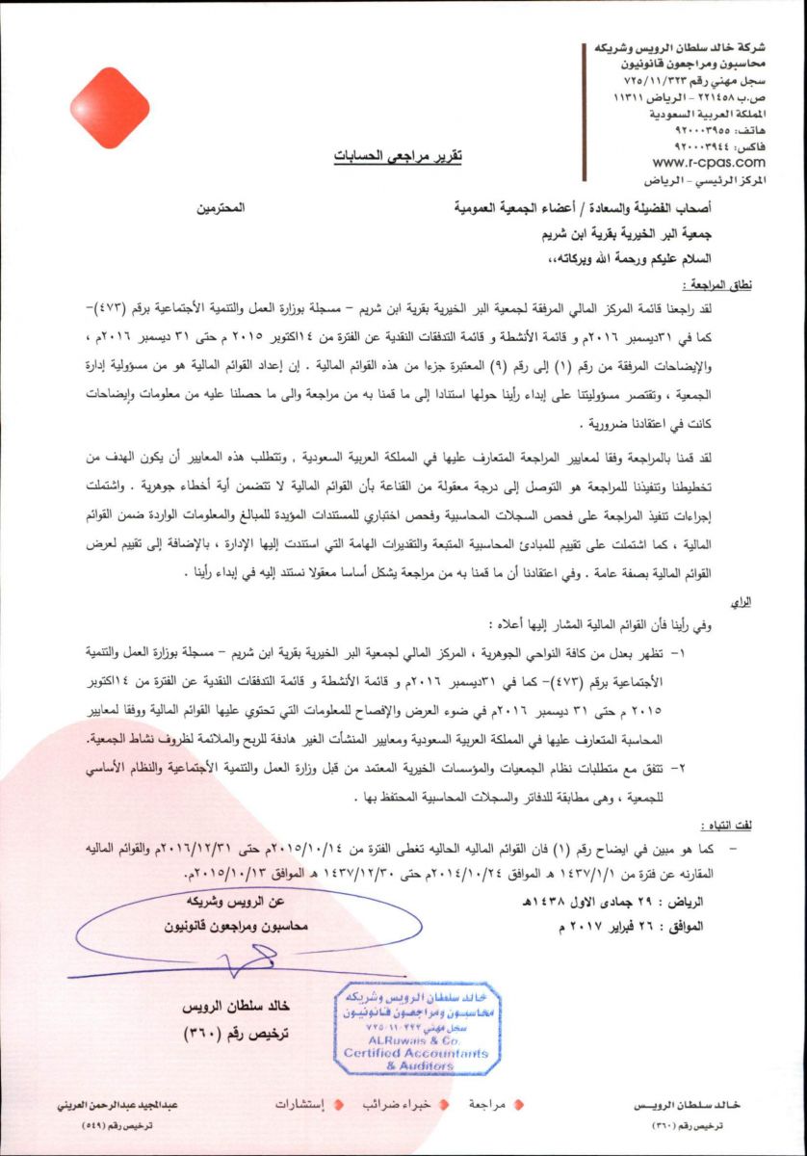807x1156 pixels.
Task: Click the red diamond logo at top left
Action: (x=114, y=108)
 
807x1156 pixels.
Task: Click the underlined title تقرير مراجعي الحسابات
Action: (x=398, y=154)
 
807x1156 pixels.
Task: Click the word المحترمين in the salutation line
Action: (x=223, y=207)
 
